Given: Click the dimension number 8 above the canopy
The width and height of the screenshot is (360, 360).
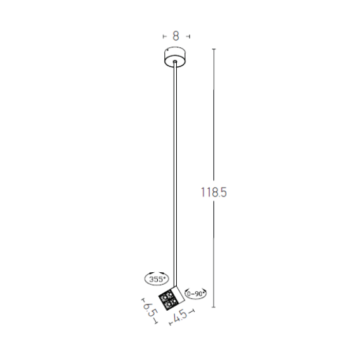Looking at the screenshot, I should [x=176, y=36].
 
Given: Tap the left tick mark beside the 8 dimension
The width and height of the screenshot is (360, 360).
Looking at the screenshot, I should [x=163, y=37].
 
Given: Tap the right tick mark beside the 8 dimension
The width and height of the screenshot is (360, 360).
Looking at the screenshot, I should [x=189, y=37].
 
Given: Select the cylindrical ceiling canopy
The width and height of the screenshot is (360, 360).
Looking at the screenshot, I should [x=175, y=57].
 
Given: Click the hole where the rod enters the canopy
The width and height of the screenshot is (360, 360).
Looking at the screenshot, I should [x=175, y=62].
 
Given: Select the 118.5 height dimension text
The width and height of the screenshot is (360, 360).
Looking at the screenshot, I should [x=213, y=193].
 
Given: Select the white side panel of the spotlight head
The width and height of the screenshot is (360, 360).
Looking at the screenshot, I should [x=177, y=293].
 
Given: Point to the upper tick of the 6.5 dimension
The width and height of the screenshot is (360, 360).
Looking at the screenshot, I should [x=144, y=299].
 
